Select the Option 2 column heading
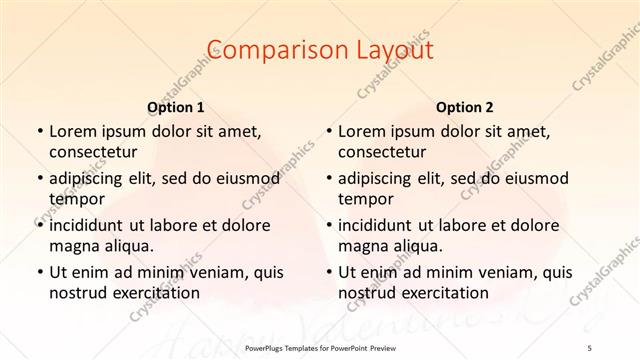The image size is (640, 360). point(464,106)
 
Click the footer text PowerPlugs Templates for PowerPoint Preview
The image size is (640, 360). point(320,349)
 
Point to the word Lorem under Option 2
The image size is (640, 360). point(361,131)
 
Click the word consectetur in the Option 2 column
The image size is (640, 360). point(386,152)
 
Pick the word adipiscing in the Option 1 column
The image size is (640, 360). point(90,178)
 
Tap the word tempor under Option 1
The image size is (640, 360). point(74,199)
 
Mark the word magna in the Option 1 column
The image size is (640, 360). point(73,246)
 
